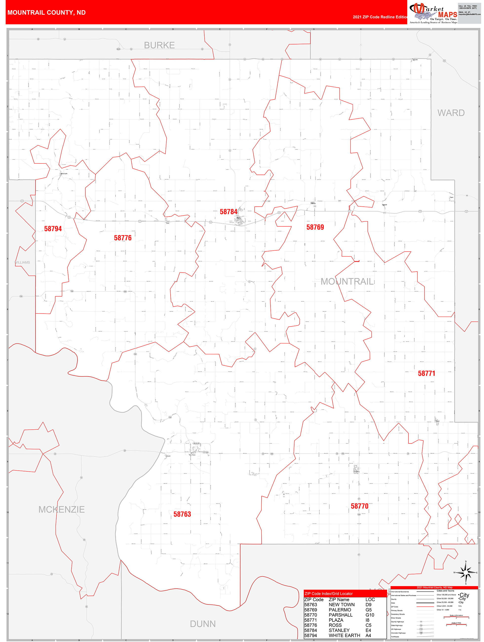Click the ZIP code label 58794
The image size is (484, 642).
[53, 229]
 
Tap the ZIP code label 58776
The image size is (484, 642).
[123, 238]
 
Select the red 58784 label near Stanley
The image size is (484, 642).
[228, 212]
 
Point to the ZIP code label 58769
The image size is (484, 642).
[315, 227]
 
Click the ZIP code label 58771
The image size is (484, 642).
[426, 374]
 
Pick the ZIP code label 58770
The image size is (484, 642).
[360, 506]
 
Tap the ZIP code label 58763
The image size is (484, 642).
[182, 514]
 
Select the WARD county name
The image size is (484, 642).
[451, 113]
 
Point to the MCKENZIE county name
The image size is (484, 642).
[61, 509]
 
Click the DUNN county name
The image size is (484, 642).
[203, 624]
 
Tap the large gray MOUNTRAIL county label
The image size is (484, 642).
[347, 281]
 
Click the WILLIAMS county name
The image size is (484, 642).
[22, 262]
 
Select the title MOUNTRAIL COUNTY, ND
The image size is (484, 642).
[46, 13]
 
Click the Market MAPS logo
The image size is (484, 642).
[433, 13]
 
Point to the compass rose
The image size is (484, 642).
[466, 572]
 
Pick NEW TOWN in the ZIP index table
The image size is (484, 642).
[342, 604]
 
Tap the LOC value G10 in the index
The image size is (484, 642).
[370, 615]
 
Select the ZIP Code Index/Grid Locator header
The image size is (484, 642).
[329, 594]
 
